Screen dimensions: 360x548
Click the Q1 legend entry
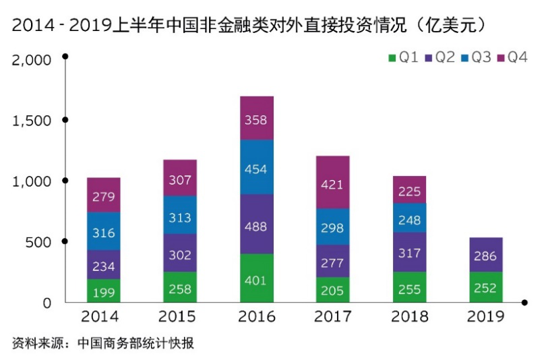pos(402,57)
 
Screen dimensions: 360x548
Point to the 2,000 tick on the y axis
pos(32,60)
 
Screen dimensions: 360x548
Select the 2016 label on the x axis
pos(256,317)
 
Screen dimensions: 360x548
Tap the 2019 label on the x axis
pos(485,317)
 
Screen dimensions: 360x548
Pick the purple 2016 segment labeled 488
pos(256,224)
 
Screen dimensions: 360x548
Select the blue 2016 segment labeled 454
pos(256,167)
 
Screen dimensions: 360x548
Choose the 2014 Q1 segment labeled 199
pos(103,291)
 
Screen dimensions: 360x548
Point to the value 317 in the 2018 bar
pos(409,252)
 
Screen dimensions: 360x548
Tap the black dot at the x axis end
pos(525,303)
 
